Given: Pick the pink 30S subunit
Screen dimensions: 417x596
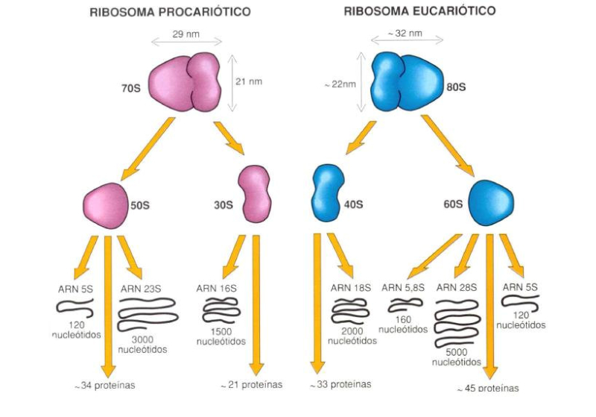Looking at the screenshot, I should click(255, 193).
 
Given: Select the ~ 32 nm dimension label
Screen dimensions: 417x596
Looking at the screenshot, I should click(405, 34).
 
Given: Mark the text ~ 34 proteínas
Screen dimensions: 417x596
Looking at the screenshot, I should click(104, 386).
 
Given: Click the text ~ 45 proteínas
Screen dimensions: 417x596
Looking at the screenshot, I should click(488, 388).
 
